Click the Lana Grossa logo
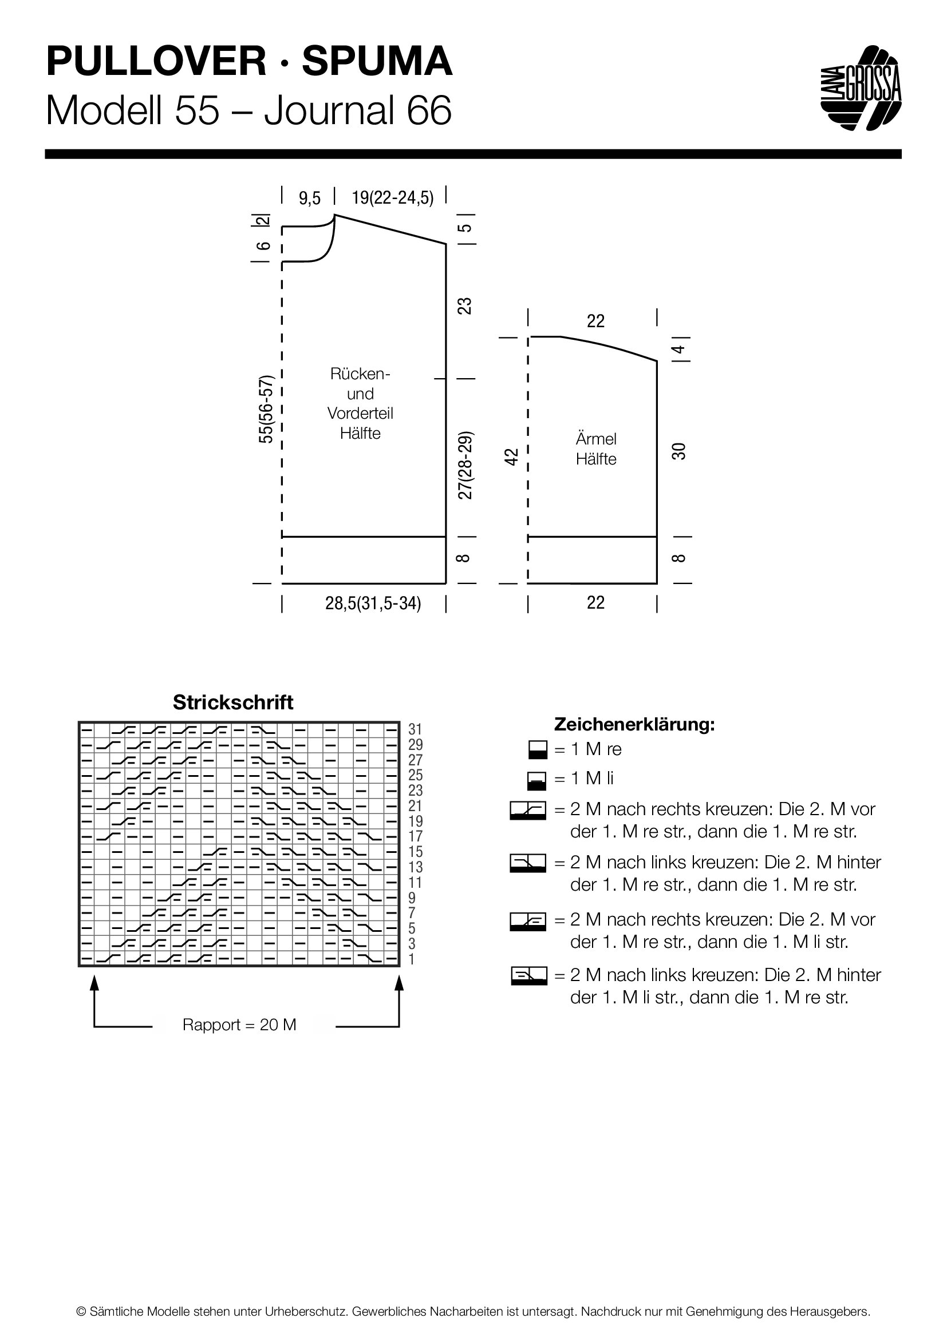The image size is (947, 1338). [861, 88]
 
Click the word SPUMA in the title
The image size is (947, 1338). [377, 62]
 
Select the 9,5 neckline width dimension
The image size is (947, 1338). [310, 198]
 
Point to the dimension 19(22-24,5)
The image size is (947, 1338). [392, 198]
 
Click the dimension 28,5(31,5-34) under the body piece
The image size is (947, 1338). [373, 603]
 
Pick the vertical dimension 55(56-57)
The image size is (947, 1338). [266, 410]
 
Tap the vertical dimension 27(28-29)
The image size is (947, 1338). [465, 466]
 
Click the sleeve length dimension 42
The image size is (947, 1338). [511, 456]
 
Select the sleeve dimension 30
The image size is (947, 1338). [679, 451]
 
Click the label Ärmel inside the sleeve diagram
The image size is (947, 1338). [596, 439]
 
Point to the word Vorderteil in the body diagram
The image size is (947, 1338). [360, 413]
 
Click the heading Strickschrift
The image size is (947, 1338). [233, 702]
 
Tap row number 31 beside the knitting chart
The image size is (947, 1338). [415, 729]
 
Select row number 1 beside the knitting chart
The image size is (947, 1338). [412, 959]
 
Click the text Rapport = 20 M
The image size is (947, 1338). [240, 1025]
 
